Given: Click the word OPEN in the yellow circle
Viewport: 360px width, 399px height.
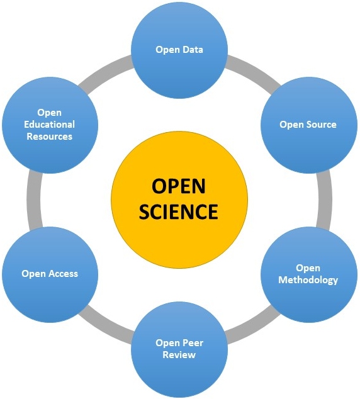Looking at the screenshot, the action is pyautogui.click(x=178, y=186).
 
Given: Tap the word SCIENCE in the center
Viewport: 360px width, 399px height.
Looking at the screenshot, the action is pyautogui.click(x=178, y=211).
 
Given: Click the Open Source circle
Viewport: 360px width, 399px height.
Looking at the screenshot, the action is pyautogui.click(x=309, y=125).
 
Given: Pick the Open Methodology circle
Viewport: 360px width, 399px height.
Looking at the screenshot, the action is pyautogui.click(x=309, y=274).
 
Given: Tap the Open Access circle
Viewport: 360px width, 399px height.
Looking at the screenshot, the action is pyautogui.click(x=50, y=274).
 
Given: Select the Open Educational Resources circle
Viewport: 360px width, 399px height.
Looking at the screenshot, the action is pyautogui.click(x=50, y=125).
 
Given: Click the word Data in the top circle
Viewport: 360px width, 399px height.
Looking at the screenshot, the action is pyautogui.click(x=194, y=50).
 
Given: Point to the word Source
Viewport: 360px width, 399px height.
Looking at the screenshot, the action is pyautogui.click(x=322, y=125).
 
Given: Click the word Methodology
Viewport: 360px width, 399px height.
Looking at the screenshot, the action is pyautogui.click(x=308, y=280).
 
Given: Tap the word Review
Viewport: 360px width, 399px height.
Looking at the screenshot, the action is pyautogui.click(x=179, y=354).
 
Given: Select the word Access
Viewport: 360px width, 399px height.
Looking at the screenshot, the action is pyautogui.click(x=64, y=274).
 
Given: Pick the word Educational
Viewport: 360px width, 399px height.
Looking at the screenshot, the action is pyautogui.click(x=49, y=125).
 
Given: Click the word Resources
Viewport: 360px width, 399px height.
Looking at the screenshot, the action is pyautogui.click(x=49, y=137).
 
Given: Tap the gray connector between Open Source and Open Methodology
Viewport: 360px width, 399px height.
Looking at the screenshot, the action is pyautogui.click(x=325, y=199).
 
